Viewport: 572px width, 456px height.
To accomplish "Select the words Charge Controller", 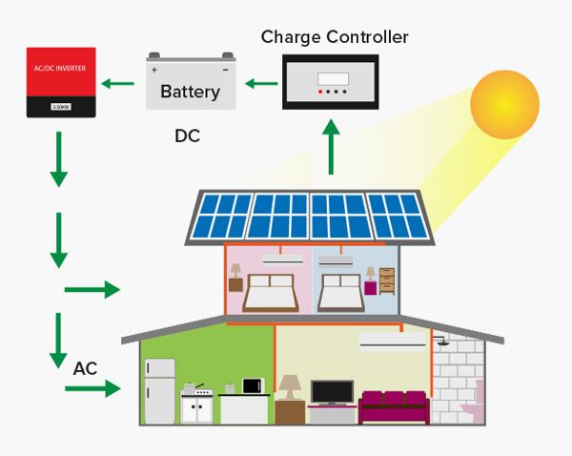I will click(x=334, y=38).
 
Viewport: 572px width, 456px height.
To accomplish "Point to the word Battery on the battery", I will click(x=190, y=93).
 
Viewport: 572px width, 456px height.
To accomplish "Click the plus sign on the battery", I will click(x=154, y=69).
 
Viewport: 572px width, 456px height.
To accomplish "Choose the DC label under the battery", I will click(x=187, y=136).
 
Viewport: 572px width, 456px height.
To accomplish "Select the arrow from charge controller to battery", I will click(x=258, y=84).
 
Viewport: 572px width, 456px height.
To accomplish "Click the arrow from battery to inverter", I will click(x=118, y=84).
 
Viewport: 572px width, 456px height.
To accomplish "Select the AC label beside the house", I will click(x=86, y=366).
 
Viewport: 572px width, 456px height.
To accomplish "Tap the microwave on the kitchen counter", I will click(x=252, y=386).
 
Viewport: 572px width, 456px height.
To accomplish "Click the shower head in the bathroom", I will click(x=440, y=339).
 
